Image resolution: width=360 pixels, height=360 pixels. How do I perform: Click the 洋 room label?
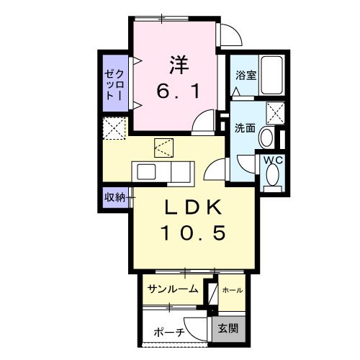[179, 64]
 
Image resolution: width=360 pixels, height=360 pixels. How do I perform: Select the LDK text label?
[195, 208]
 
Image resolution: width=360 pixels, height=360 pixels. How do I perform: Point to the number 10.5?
[194, 233]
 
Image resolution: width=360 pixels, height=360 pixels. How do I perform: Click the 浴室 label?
[246, 75]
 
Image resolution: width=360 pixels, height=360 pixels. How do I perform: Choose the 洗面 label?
[245, 128]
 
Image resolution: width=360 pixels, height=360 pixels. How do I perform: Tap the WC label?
[272, 160]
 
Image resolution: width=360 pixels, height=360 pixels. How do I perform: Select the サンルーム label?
[173, 289]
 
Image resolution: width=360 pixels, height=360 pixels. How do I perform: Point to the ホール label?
[232, 290]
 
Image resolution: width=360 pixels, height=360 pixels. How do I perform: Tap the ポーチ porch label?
[168, 333]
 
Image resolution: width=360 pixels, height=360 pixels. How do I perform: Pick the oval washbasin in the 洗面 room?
[266, 138]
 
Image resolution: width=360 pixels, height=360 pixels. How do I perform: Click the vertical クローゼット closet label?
[114, 84]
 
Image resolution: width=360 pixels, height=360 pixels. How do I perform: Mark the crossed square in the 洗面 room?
[274, 113]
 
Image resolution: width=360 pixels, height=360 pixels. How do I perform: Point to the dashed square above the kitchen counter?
[164, 149]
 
